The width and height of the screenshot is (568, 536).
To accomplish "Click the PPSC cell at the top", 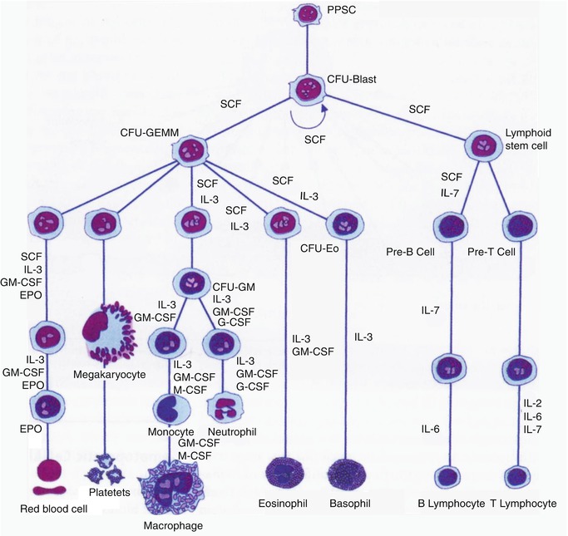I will click(308, 14).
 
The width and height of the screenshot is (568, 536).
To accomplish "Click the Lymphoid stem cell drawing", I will click(482, 144).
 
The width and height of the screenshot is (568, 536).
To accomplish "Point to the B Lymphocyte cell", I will click(449, 478).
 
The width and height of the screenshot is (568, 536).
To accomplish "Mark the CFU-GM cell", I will click(193, 283).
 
